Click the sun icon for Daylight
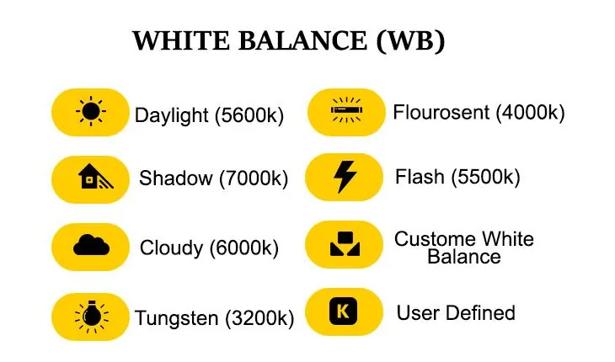coord(90,111)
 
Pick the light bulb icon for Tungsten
coord(90,315)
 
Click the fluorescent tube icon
coord(345,109)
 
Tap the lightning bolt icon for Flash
coord(345,177)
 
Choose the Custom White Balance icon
coord(345,245)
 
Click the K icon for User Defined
coord(344,312)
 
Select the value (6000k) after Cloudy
coord(243,248)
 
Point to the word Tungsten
coord(177,318)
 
